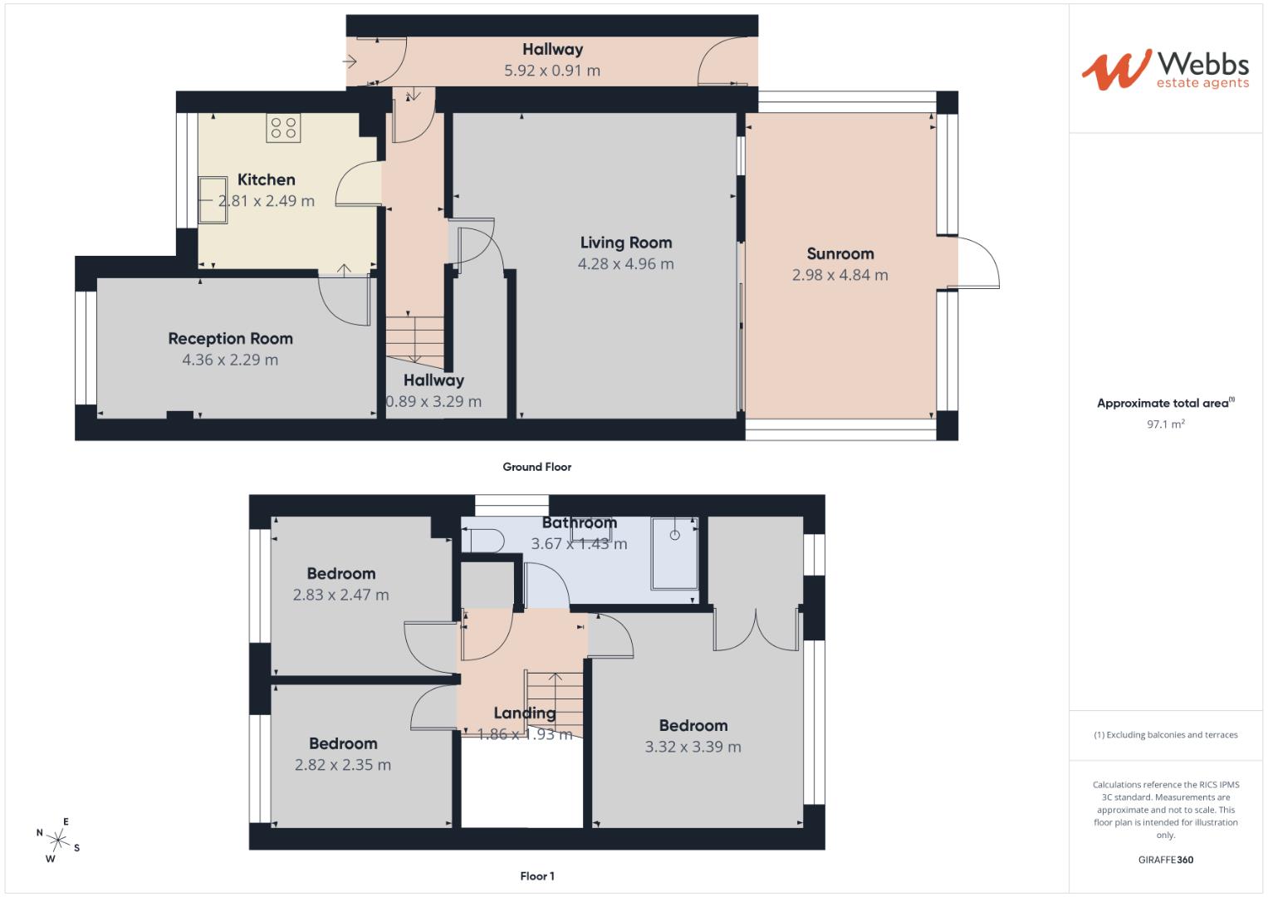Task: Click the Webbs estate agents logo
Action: pyautogui.click(x=1165, y=69)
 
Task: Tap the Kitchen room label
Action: pyautogui.click(x=266, y=179)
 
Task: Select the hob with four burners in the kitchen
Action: pyautogui.click(x=283, y=128)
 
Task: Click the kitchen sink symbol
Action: pyautogui.click(x=213, y=200)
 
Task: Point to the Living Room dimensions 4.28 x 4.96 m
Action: pyautogui.click(x=625, y=264)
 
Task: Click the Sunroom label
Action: pyautogui.click(x=840, y=254)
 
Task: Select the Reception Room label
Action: pyautogui.click(x=230, y=339)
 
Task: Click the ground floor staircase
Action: pyautogui.click(x=414, y=338)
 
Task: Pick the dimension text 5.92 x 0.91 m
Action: pyautogui.click(x=551, y=71)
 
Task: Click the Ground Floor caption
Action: pyautogui.click(x=536, y=467)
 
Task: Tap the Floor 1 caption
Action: pyautogui.click(x=536, y=876)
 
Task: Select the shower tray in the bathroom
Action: pyautogui.click(x=674, y=552)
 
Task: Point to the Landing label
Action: pyautogui.click(x=524, y=713)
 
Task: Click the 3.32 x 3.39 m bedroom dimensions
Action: pyautogui.click(x=693, y=747)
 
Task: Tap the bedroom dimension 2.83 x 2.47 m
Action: pyautogui.click(x=340, y=595)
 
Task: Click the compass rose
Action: pyautogui.click(x=57, y=839)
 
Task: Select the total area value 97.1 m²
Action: pyautogui.click(x=1165, y=424)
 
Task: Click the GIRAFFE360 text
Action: pyautogui.click(x=1165, y=860)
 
